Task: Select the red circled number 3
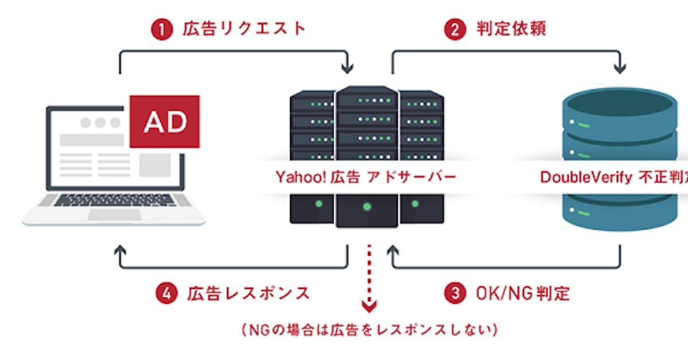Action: pyautogui.click(x=455, y=294)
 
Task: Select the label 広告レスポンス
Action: pyautogui.click(x=248, y=294)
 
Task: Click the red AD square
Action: pyautogui.click(x=165, y=121)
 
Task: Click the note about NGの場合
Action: pyautogui.click(x=369, y=330)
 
